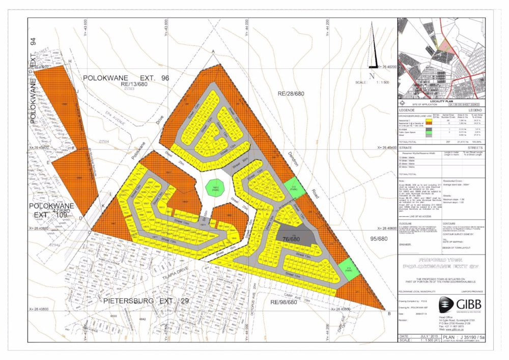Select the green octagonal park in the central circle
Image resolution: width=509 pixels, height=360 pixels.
point(215,187)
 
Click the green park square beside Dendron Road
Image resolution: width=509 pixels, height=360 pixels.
point(294,187)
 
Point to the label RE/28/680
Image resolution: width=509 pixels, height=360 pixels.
point(291,94)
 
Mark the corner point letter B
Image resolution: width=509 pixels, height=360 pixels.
point(389,314)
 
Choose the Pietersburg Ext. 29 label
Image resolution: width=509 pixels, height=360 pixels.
point(146,301)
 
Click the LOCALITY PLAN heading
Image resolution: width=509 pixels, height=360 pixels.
point(441,102)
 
